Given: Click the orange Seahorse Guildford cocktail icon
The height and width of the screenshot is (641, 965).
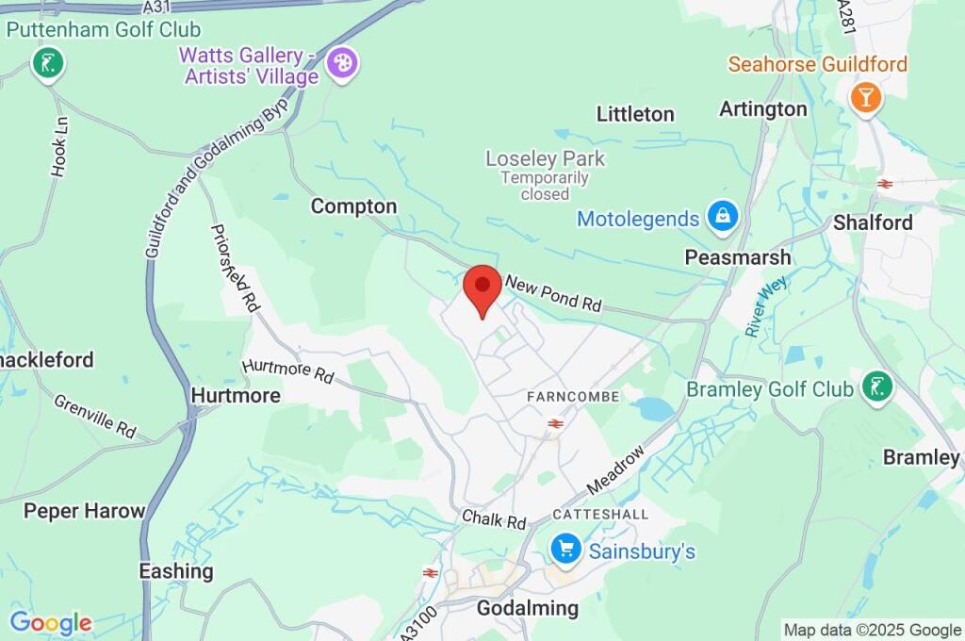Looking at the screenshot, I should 864,96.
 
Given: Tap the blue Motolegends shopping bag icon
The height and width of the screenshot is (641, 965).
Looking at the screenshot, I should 723,218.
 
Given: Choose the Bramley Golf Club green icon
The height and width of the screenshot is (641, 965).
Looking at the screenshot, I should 877,386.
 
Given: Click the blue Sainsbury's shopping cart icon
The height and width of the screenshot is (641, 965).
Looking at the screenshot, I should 565,549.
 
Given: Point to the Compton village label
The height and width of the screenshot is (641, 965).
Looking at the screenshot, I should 353,205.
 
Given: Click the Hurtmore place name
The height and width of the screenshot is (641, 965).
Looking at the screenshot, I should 236,396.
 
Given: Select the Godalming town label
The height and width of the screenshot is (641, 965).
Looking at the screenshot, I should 528,608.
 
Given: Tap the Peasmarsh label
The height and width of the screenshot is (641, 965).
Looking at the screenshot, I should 738,257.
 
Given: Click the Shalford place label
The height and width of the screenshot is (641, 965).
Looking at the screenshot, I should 873,222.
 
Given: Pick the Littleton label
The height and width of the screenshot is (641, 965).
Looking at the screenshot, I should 635,114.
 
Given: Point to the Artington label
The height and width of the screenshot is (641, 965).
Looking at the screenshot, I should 763,108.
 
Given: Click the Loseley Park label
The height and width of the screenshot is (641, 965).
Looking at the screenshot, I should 545,158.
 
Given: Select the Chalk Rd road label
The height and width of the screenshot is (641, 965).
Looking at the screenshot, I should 494,519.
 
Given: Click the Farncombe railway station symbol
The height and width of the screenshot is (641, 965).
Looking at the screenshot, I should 555,424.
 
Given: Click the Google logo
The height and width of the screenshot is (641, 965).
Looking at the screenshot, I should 51,622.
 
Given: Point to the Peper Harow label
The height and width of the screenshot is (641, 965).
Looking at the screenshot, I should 85,511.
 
